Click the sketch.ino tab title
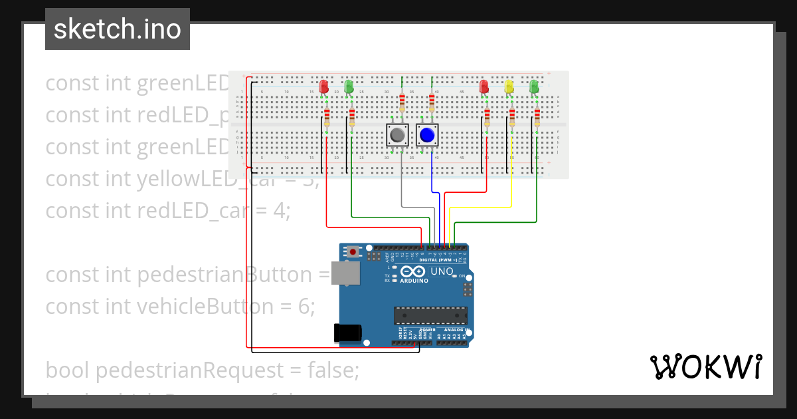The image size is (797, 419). pos(117,29)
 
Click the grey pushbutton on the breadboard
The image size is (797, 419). pos(398,135)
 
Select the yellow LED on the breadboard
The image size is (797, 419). pos(509,86)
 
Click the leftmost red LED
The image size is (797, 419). pos(324,86)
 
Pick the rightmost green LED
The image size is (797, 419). pos(534,86)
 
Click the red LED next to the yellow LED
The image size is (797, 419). pos(484,86)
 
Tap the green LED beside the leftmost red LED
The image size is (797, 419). pos(349,86)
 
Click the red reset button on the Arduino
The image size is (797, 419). pos(353,252)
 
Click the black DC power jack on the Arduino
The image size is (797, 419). pos(347,333)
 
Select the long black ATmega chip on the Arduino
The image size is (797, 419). pos(430,315)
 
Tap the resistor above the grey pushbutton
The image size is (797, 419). pos(402,102)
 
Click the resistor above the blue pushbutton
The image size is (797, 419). pos(432,102)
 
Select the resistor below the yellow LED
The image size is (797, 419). pos(512,118)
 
